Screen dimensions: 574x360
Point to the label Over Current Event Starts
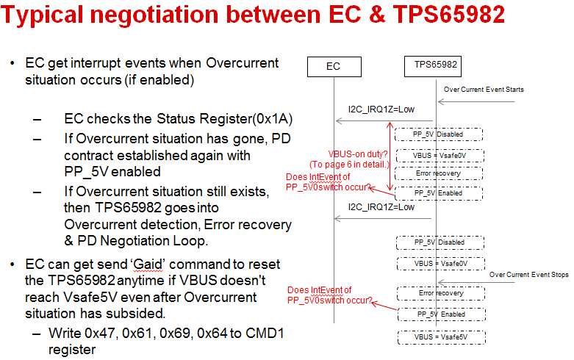pos(484,90)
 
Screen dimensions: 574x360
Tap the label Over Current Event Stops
pos(529,275)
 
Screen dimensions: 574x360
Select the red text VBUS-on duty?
pos(358,154)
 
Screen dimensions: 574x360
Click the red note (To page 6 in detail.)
pos(349,165)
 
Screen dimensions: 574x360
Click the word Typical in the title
pos(42,15)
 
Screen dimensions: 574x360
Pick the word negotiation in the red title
pos(155,15)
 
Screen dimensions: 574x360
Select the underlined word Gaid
pos(148,264)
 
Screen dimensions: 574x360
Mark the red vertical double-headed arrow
pos(390,156)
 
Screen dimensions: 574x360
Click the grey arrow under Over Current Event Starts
pos(476,101)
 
